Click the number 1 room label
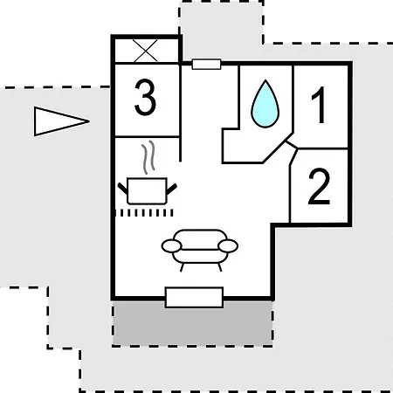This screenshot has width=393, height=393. (x=319, y=105)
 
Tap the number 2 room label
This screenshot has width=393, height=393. (x=319, y=186)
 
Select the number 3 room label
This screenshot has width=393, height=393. (x=145, y=98)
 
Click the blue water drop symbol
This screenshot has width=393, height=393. (x=265, y=104)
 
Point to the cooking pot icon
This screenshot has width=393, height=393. (x=147, y=190)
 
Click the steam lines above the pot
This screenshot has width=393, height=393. (x=148, y=157)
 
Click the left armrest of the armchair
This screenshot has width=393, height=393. (x=171, y=245)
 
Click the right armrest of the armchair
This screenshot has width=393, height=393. (x=228, y=245)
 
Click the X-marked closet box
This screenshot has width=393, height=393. (x=147, y=51)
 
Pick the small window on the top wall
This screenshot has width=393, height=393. (x=206, y=65)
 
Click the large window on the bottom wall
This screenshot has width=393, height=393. (x=194, y=297)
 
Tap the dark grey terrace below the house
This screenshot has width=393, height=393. (x=192, y=323)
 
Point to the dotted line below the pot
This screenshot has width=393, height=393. (x=144, y=213)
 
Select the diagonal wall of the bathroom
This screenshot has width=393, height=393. (x=278, y=148)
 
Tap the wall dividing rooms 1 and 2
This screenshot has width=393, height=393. (x=322, y=148)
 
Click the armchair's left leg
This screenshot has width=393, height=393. (x=182, y=267)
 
